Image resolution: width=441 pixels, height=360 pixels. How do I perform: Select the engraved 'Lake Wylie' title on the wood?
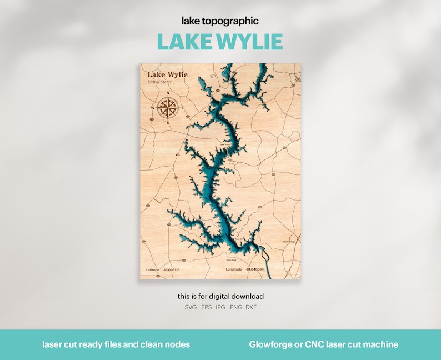(167, 75)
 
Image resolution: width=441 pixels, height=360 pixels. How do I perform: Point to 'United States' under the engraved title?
(159, 82)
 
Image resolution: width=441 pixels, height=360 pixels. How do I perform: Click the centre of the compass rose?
(168, 107)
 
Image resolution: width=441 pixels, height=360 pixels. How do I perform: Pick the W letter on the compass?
(153, 107)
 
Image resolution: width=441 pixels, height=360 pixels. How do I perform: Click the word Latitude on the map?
(153, 269)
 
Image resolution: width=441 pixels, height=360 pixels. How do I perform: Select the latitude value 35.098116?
(172, 269)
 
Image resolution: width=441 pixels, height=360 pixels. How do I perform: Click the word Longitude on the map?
(234, 269)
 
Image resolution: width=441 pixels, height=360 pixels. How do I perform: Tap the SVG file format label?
(191, 307)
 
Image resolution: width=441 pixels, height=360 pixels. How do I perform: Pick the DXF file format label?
(251, 307)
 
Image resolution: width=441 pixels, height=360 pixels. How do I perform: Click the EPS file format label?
(206, 307)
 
